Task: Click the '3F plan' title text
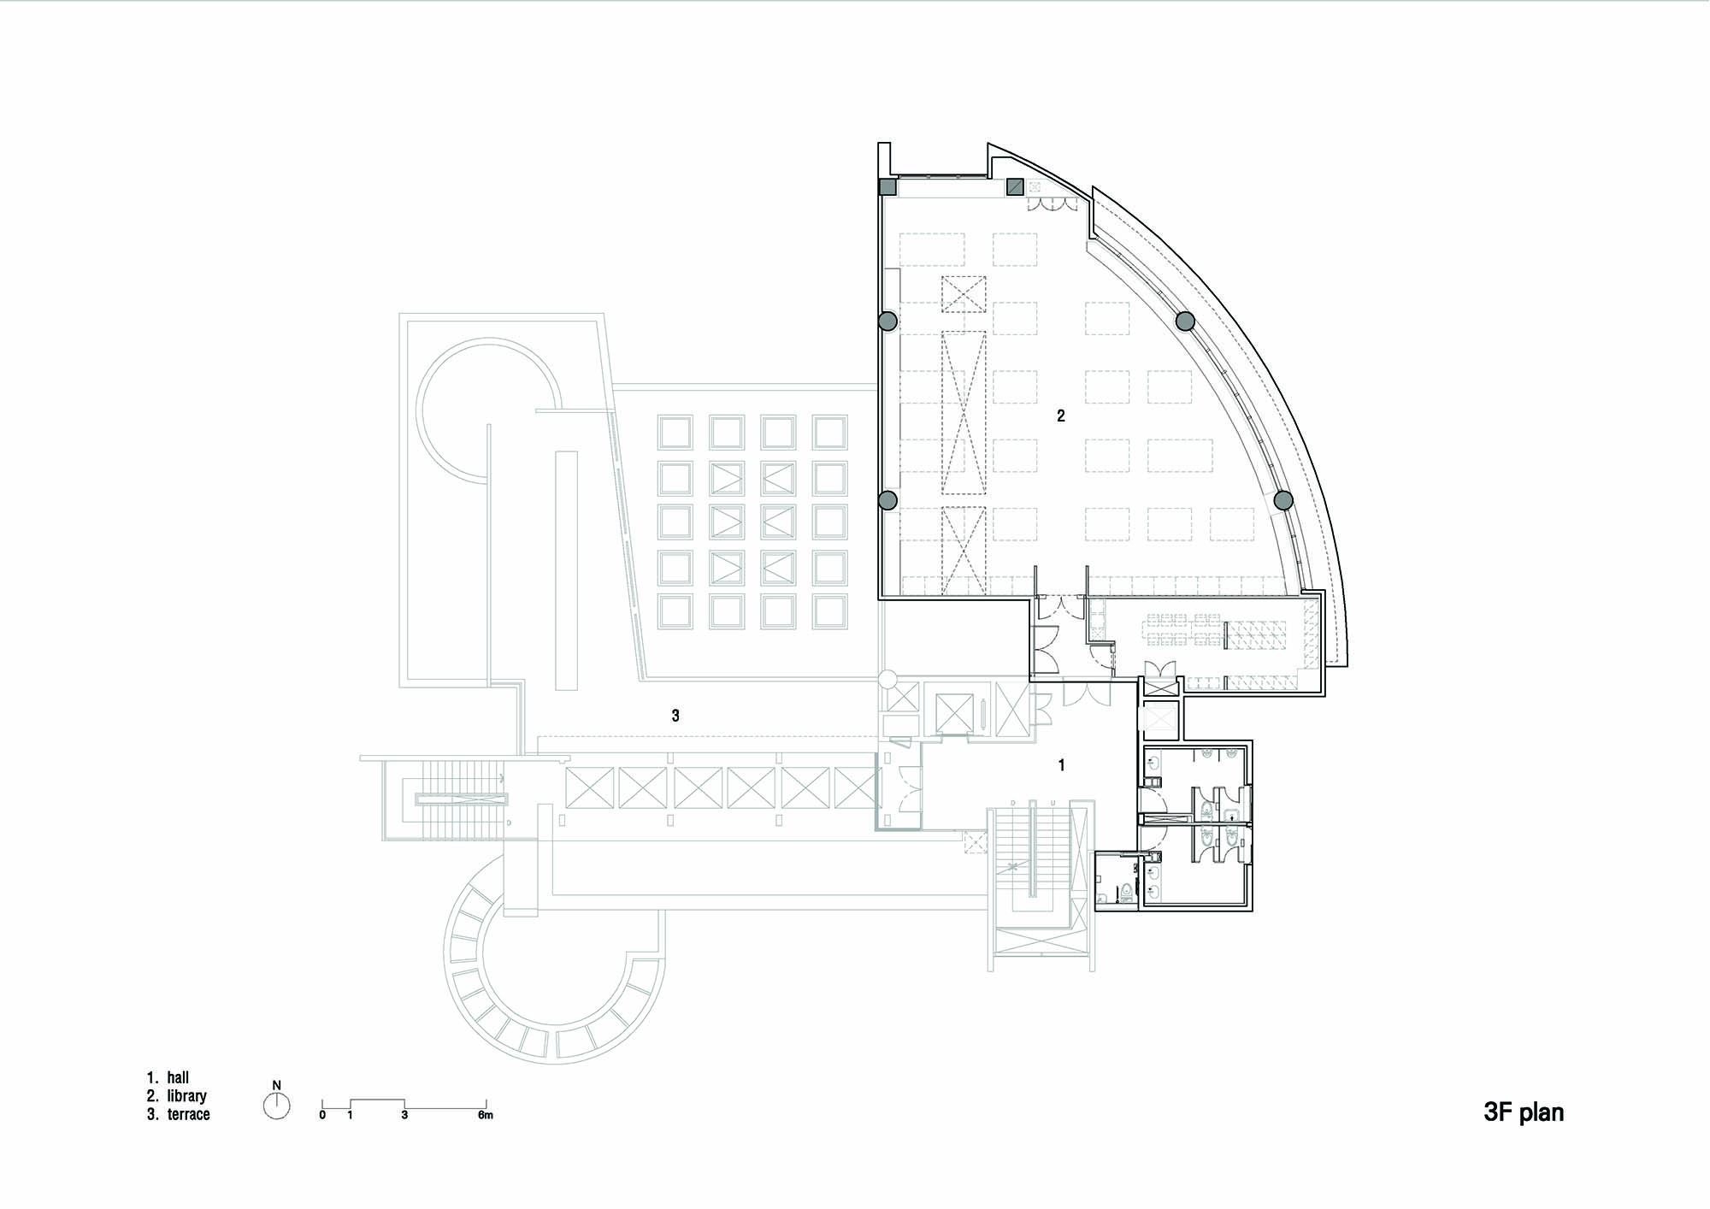pos(1524,1112)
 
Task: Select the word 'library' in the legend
pos(187,1096)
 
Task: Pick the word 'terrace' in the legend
pos(189,1114)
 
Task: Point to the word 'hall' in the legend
pos(178,1077)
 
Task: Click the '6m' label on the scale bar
pos(486,1115)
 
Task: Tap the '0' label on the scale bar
pos(322,1115)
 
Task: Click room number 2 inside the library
pos(1061,416)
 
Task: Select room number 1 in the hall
pos(1062,765)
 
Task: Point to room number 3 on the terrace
pos(675,716)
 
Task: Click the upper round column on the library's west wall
pos(887,321)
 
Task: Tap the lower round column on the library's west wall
pos(887,500)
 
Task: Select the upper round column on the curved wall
pos(1185,321)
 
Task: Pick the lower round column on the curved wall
pos(1282,500)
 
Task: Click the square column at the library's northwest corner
pos(888,186)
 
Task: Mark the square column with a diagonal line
pos(1015,186)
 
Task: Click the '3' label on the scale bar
pos(404,1115)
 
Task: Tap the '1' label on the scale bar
pos(350,1115)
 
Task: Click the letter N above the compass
pos(276,1086)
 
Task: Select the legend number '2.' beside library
pos(152,1096)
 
